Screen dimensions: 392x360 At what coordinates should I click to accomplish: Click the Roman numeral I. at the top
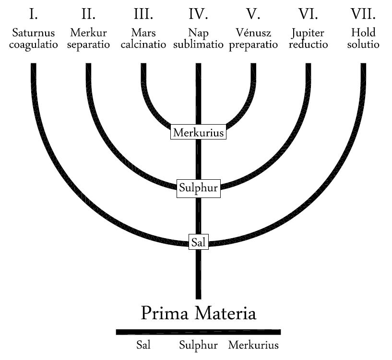click(x=34, y=14)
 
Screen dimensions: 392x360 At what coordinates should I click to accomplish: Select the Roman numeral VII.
click(x=363, y=14)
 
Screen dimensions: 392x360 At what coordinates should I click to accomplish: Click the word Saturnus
click(x=34, y=33)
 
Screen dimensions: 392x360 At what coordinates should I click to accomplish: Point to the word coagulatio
click(x=34, y=45)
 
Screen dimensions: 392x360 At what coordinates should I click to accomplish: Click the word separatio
click(x=88, y=45)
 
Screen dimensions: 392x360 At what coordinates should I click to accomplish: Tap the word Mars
click(x=143, y=33)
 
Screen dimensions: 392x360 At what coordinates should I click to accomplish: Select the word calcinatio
click(x=143, y=45)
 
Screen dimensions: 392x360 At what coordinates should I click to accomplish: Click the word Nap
click(x=198, y=33)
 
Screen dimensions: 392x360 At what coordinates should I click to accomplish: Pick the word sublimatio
click(x=198, y=45)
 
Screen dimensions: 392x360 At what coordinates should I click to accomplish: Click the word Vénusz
click(x=253, y=33)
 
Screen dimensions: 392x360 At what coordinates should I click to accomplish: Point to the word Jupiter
click(x=309, y=34)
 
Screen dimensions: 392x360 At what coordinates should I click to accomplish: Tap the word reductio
click(x=309, y=45)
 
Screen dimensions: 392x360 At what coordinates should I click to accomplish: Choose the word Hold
click(x=363, y=33)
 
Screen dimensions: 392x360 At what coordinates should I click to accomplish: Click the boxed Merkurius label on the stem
click(x=198, y=132)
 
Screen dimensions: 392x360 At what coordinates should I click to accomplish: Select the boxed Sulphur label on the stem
click(x=198, y=188)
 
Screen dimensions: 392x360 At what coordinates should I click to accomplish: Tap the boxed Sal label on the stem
click(x=198, y=242)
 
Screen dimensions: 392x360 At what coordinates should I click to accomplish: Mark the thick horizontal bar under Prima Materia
click(x=198, y=332)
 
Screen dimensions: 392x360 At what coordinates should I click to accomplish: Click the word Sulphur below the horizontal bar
click(x=198, y=345)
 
